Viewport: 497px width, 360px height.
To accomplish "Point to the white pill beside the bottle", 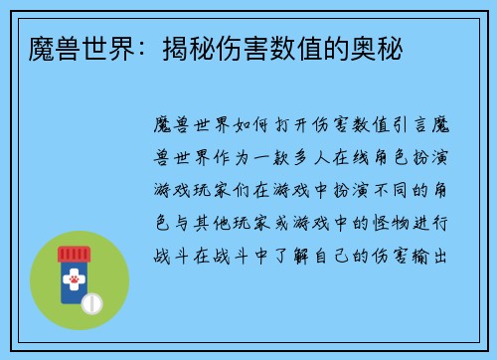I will coord(92,302).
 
